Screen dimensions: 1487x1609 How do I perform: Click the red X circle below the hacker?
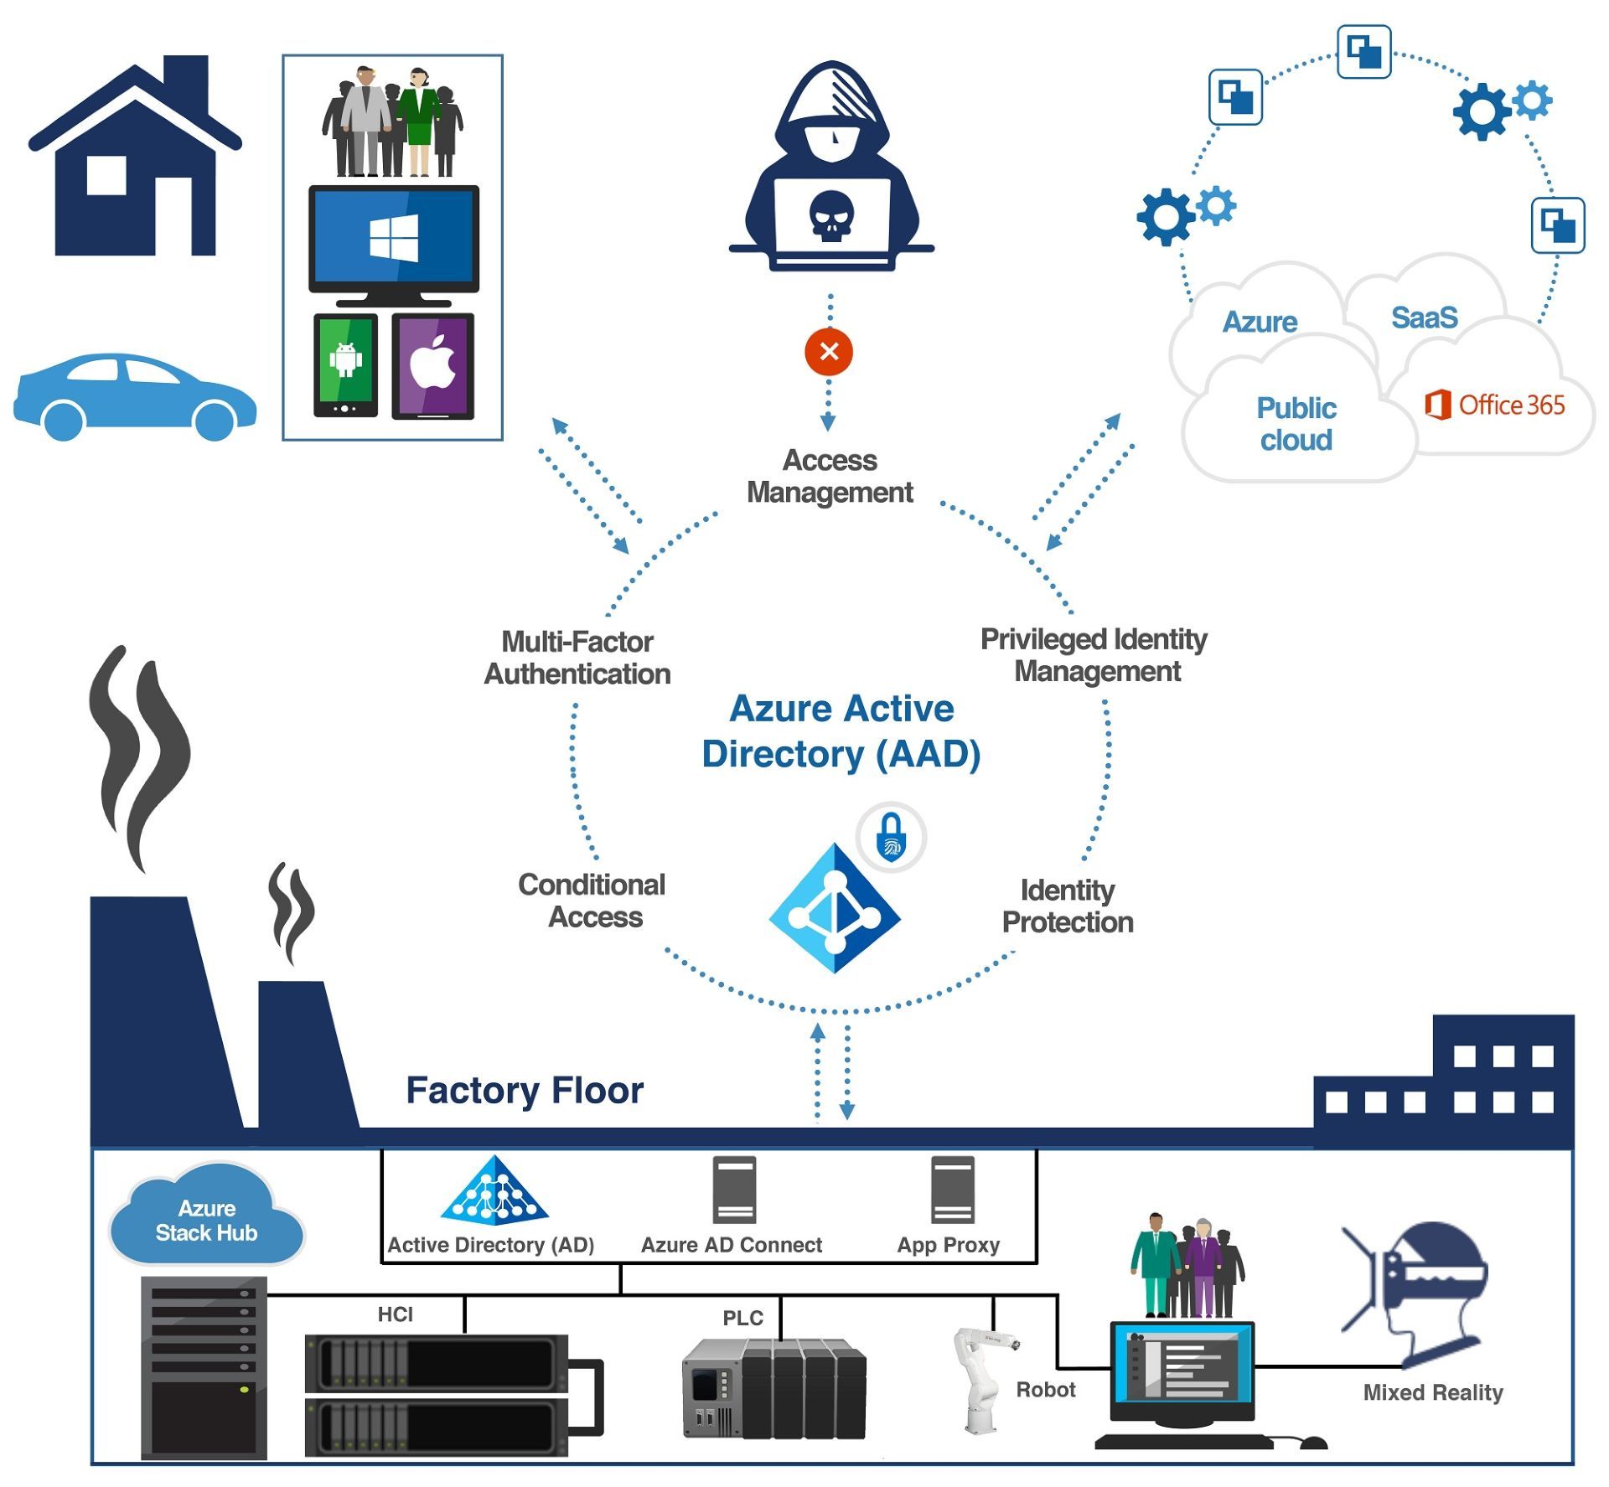coord(828,352)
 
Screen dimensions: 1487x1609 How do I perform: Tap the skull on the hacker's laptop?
coord(830,216)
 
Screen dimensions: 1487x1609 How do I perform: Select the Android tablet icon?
coord(345,365)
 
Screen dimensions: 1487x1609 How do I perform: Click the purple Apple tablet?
coord(432,366)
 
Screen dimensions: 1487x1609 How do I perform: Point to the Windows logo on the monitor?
coord(394,238)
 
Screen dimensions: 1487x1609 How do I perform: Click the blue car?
coord(134,396)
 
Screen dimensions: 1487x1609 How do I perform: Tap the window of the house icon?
coord(106,176)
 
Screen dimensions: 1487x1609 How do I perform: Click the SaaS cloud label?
coord(1424,318)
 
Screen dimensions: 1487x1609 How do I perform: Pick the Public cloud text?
coord(1296,424)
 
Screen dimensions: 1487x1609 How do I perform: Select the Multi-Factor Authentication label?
coord(577,658)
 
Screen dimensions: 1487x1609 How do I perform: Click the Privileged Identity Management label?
coord(1094,655)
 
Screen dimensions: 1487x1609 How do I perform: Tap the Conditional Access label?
coord(592,901)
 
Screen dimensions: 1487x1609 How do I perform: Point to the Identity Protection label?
coord(1068,906)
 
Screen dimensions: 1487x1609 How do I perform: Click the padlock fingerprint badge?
coord(891,837)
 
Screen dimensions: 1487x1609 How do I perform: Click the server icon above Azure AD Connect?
coord(734,1190)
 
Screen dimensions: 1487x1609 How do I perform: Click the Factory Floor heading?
coord(525,1090)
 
